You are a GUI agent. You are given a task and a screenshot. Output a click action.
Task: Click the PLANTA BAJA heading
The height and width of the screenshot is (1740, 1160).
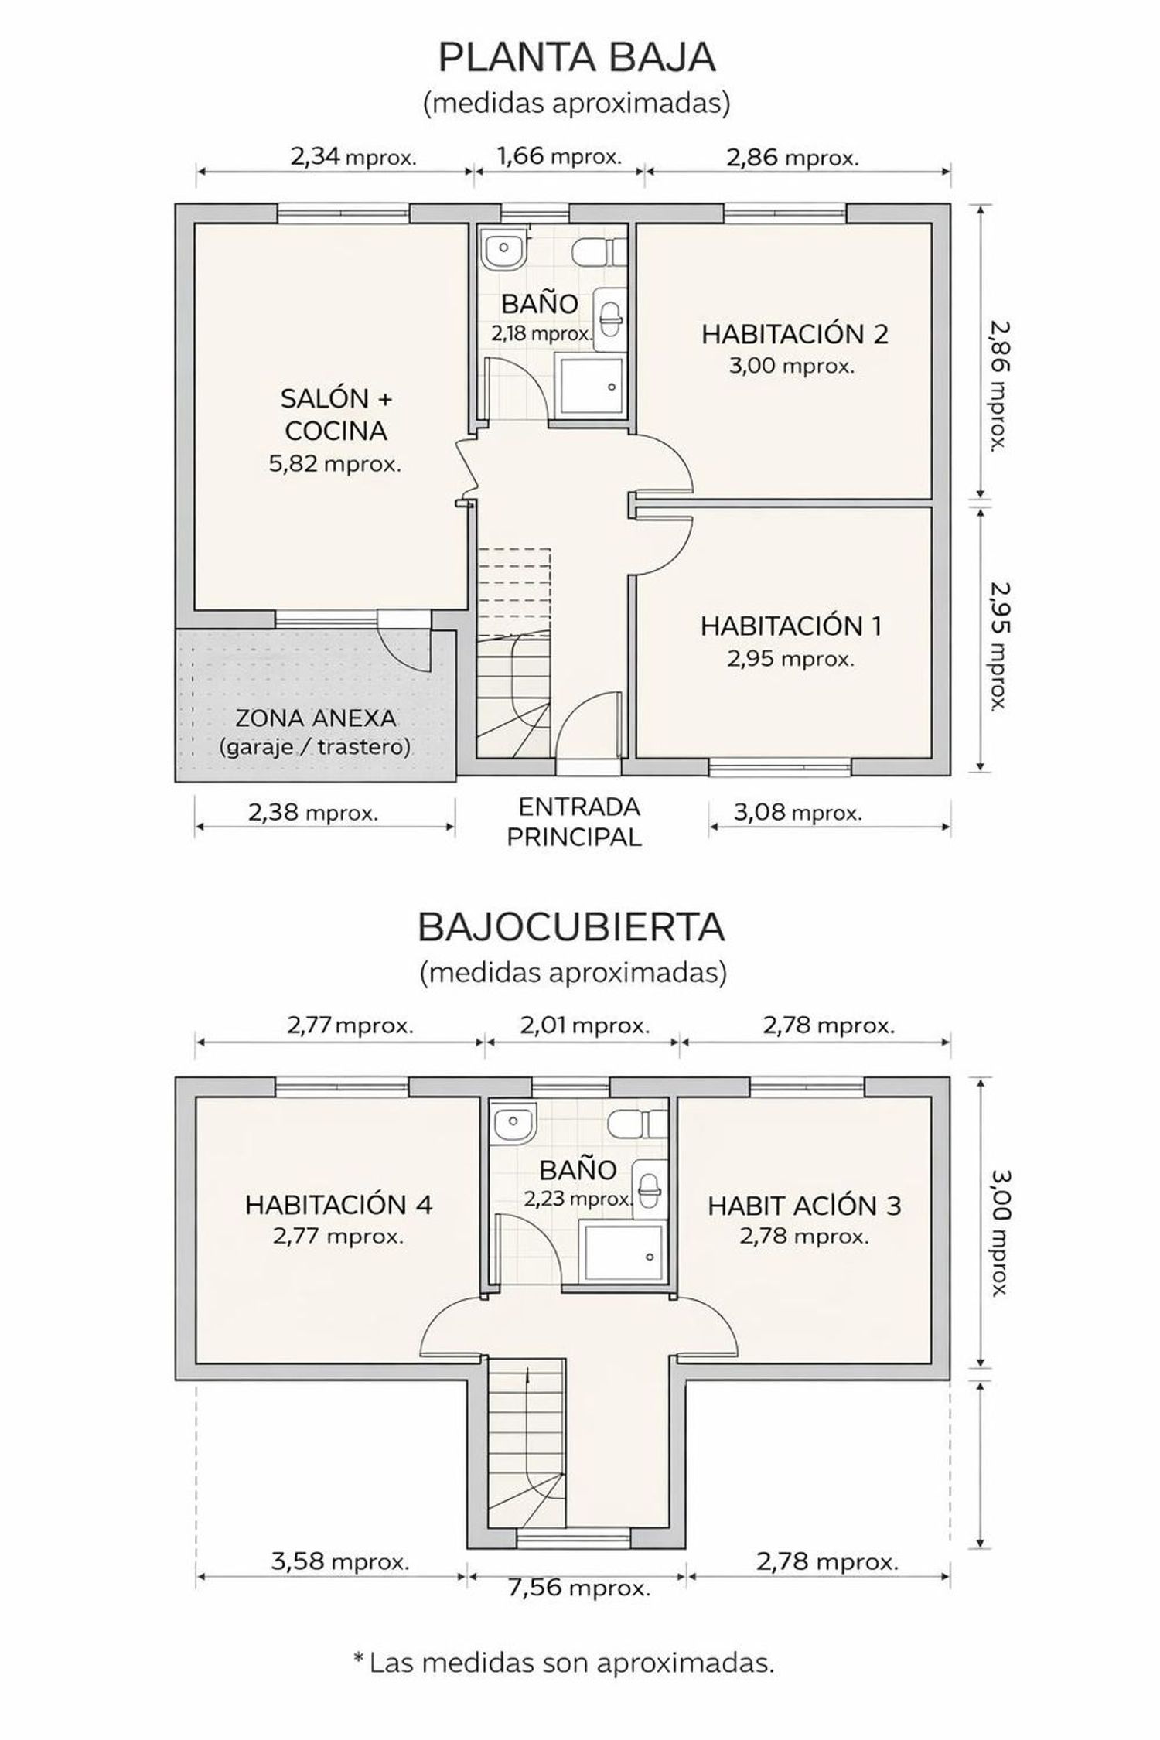pyautogui.click(x=576, y=57)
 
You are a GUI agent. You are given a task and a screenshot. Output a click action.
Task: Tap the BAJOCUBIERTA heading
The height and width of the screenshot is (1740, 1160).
pyautogui.click(x=571, y=927)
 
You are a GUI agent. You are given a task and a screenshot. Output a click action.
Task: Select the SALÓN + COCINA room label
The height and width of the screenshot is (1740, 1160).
pyautogui.click(x=336, y=415)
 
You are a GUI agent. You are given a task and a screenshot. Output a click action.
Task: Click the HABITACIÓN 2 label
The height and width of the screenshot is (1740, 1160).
pyautogui.click(x=794, y=334)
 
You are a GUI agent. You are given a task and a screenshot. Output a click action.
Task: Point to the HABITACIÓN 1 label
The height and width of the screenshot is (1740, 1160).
pyautogui.click(x=790, y=626)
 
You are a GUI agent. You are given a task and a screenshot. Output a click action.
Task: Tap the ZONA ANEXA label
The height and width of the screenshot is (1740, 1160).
pyautogui.click(x=316, y=718)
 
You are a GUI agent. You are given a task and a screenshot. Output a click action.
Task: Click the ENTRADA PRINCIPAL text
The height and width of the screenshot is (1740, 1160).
pyautogui.click(x=576, y=821)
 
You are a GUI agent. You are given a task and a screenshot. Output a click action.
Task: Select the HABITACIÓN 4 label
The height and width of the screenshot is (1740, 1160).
pyautogui.click(x=339, y=1204)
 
